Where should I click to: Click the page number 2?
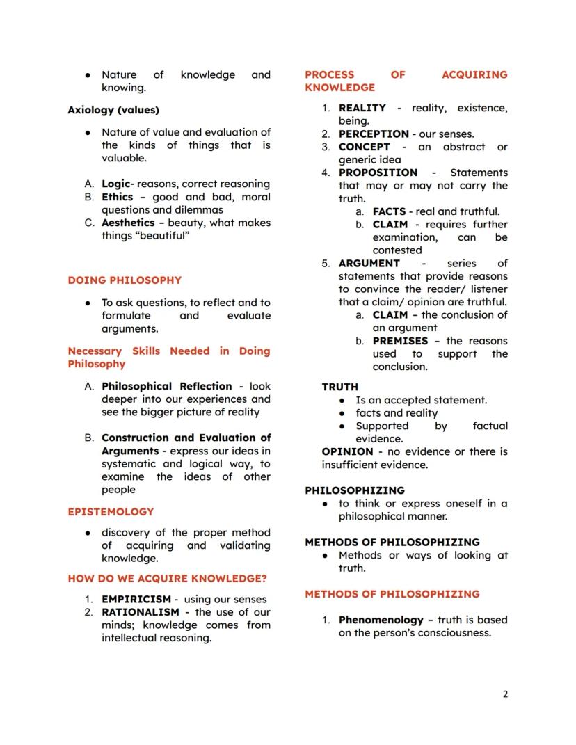click(505, 694)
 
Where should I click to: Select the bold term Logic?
click(115, 184)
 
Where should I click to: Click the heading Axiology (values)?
click(113, 110)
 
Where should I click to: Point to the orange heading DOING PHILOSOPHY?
click(125, 280)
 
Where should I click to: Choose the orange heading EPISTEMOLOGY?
click(111, 511)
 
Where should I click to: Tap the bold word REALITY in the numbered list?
click(362, 108)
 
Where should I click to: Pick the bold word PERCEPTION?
click(374, 134)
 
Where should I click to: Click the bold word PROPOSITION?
click(378, 173)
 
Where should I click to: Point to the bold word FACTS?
click(389, 211)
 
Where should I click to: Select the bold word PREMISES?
click(400, 341)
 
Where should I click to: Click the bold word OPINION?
click(347, 451)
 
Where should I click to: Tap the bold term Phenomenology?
click(381, 620)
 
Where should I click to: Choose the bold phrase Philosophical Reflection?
click(167, 386)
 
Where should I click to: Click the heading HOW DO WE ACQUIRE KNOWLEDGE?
click(167, 578)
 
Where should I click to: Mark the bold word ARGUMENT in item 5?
click(369, 263)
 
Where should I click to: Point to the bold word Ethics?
click(117, 197)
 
